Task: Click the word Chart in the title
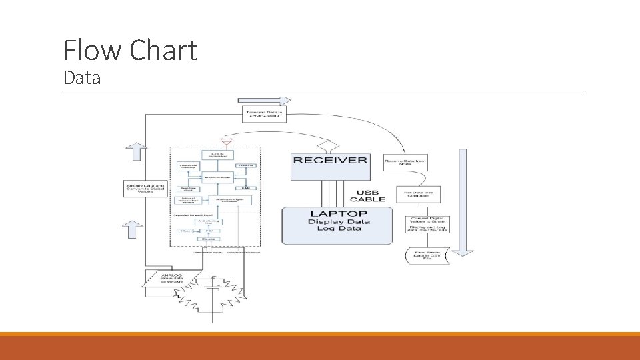click(x=164, y=51)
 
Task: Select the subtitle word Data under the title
click(x=81, y=78)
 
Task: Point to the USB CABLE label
click(x=369, y=196)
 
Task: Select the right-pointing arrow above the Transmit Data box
click(x=265, y=101)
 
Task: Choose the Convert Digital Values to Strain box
click(x=427, y=220)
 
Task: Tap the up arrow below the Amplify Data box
click(x=133, y=229)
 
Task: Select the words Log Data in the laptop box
click(x=334, y=229)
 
